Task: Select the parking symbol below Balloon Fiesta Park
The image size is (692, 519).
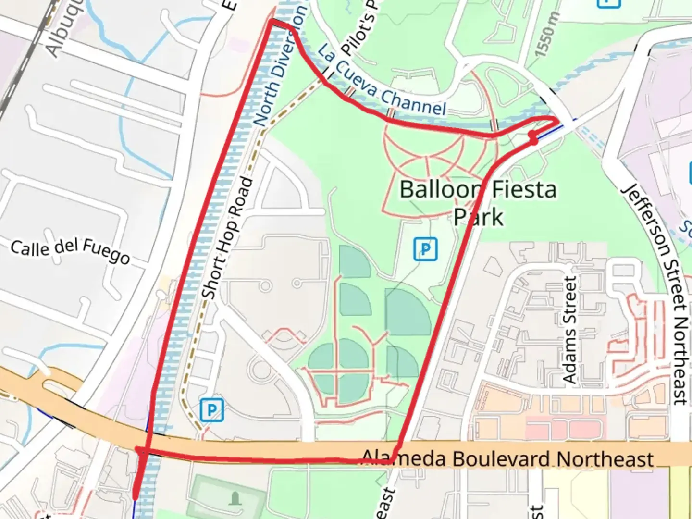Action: [425, 249]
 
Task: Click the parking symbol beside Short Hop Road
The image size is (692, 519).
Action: [212, 410]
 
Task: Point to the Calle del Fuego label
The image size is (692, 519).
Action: [70, 250]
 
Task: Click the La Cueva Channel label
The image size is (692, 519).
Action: [382, 82]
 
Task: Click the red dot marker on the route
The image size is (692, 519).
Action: [533, 138]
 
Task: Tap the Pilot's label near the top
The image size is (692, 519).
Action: [358, 29]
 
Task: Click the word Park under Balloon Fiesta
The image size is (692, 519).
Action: [478, 217]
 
